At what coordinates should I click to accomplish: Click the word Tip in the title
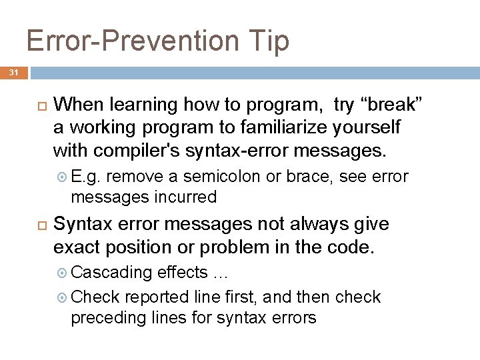tap(271, 41)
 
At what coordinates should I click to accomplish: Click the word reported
tap(156, 297)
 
